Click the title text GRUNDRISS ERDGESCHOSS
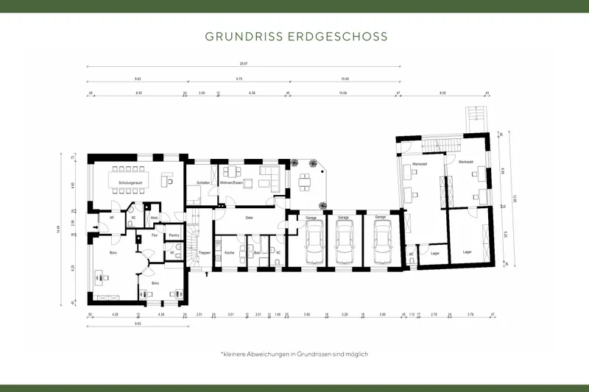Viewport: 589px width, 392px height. [294, 35]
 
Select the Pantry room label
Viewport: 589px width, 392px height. [174, 235]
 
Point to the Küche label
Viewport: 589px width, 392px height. [229, 252]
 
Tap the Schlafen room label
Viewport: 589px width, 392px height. [203, 182]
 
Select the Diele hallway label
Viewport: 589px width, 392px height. [250, 218]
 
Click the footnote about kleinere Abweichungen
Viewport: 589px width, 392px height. [294, 354]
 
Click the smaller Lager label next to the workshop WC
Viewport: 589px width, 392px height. [435, 253]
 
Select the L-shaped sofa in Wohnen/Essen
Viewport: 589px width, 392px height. [268, 177]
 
